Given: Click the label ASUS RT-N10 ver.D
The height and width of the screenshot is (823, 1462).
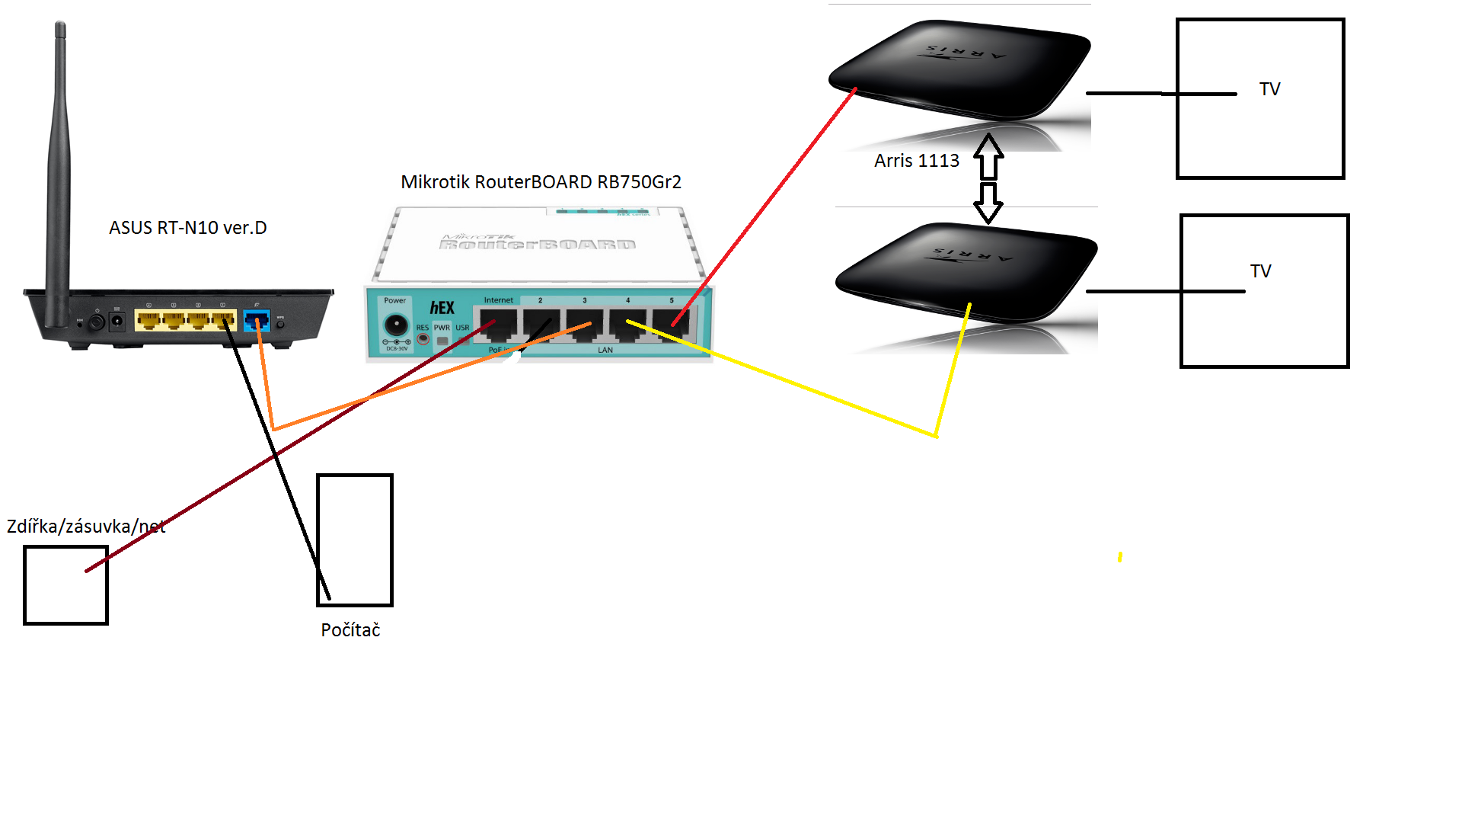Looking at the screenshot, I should (187, 228).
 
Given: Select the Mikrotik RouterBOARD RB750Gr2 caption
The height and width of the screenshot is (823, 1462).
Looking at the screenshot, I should (541, 182).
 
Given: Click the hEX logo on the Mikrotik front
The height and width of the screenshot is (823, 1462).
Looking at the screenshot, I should (442, 308).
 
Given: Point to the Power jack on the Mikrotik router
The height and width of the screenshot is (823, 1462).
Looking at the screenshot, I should (395, 325).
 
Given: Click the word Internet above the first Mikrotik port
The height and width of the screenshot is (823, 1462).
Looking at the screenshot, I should (499, 300).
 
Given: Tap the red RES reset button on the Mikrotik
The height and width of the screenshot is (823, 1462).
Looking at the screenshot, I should (423, 339).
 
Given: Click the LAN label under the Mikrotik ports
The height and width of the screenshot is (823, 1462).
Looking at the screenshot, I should (605, 351).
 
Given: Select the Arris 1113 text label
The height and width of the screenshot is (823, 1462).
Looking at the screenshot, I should (916, 161).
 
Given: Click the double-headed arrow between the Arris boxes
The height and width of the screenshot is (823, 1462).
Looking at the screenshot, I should (988, 179).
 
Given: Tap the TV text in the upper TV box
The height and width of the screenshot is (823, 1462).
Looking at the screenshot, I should (1269, 89).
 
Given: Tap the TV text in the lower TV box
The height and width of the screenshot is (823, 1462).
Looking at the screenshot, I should (1260, 271).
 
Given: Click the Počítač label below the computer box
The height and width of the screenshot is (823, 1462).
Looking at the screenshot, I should (350, 630).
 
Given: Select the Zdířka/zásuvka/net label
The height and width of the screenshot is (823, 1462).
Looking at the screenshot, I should (86, 527).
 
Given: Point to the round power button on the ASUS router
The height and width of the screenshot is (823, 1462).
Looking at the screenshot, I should (97, 322).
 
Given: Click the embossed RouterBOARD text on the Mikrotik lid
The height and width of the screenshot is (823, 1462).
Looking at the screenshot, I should (538, 245).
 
